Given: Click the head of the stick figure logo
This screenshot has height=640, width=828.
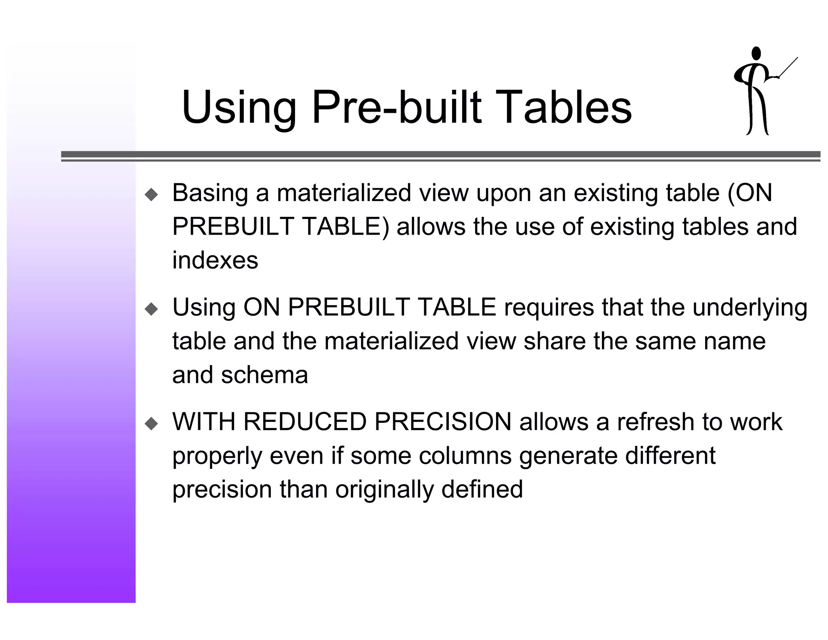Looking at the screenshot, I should click(x=756, y=54).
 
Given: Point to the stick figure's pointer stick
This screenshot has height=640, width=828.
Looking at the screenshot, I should click(x=788, y=67).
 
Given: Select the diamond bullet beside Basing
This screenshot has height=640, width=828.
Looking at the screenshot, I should click(x=152, y=195).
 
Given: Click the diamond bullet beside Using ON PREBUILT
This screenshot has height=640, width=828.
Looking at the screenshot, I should click(x=152, y=309).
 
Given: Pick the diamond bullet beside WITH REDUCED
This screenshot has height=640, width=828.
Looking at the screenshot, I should click(x=152, y=424).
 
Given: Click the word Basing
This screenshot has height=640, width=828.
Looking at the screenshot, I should click(x=210, y=193).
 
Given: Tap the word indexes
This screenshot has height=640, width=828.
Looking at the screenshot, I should click(x=215, y=260).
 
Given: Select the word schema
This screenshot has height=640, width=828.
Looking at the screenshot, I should click(x=264, y=375).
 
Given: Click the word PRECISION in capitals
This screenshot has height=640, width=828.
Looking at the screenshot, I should click(x=443, y=422).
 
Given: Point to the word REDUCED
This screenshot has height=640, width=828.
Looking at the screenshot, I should click(x=305, y=422).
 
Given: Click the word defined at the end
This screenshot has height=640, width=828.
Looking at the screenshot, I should click(x=482, y=489).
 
